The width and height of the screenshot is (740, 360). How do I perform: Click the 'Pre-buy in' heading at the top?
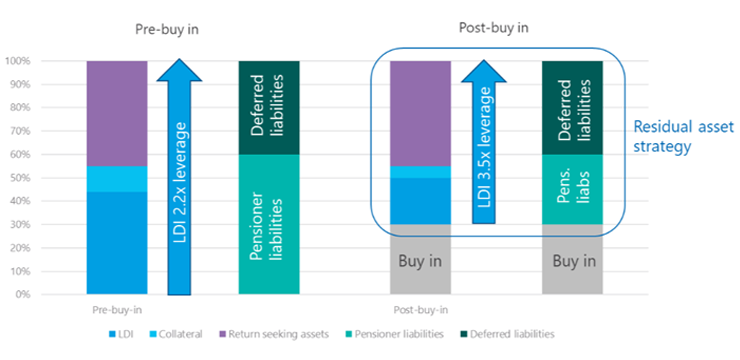tap(167, 28)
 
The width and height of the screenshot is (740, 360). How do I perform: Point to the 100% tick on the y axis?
tap(43, 62)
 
